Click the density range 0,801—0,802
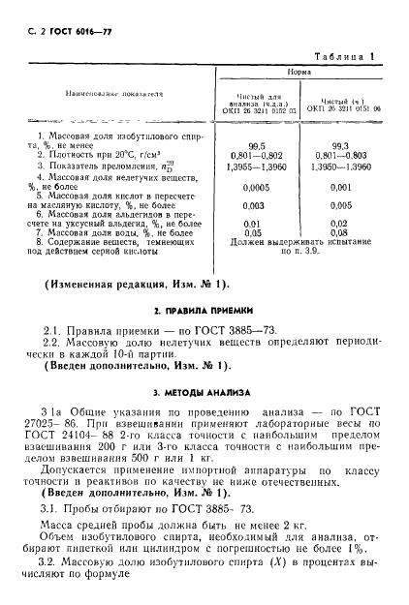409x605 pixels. tap(257, 153)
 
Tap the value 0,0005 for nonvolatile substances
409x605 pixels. tap(257, 187)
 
